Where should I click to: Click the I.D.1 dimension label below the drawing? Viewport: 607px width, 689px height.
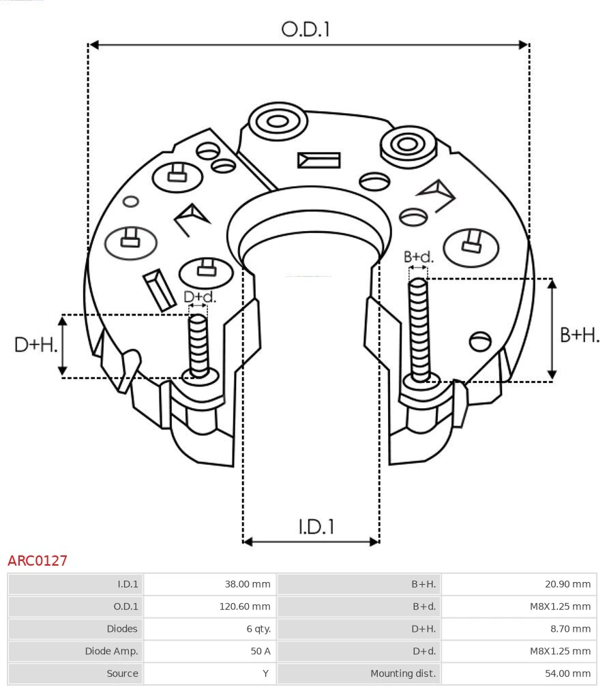point(316,526)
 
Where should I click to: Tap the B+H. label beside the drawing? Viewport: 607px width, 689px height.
point(580,335)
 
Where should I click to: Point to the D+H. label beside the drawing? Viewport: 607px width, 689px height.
point(35,345)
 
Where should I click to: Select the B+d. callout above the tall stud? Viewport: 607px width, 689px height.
point(418,257)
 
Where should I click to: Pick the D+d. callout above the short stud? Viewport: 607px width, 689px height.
point(200,297)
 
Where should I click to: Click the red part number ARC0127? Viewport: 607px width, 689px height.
point(38,561)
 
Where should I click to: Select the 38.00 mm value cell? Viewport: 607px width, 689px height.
point(248,584)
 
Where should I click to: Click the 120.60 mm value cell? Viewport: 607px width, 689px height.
point(244,607)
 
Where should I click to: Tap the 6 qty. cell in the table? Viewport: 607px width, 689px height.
point(258,629)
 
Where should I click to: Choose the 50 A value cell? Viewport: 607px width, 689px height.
point(260,652)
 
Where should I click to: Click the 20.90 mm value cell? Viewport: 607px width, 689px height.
point(568,584)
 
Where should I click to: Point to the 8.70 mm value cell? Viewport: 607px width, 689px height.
point(571,629)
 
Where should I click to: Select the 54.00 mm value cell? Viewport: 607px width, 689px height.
point(568,674)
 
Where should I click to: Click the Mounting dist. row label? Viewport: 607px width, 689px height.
point(402,674)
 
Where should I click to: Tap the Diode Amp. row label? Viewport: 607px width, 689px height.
point(111,652)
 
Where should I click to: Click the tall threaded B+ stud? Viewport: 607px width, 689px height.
point(419,327)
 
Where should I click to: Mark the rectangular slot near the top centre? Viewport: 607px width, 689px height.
point(319,160)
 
